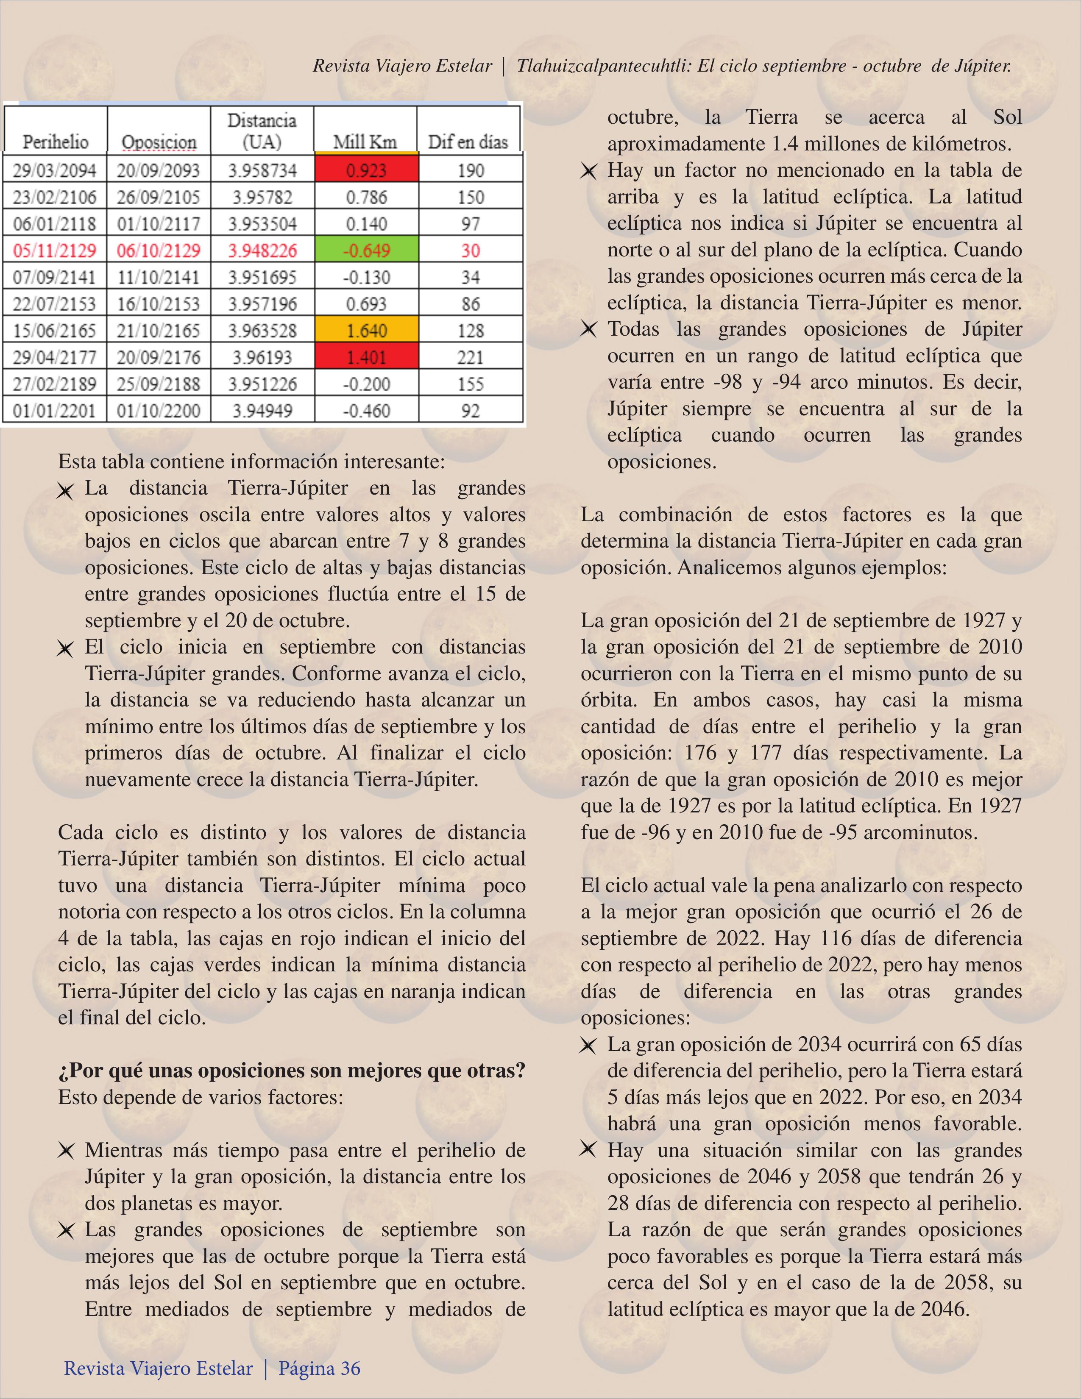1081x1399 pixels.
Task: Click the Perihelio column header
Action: click(x=56, y=142)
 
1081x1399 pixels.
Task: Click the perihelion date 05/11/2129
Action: click(x=54, y=250)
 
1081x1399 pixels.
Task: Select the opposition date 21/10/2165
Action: click(x=158, y=330)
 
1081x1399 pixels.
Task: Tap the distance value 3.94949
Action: click(x=262, y=410)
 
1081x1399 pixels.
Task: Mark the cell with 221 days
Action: click(x=470, y=357)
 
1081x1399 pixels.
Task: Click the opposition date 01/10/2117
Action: click(x=158, y=223)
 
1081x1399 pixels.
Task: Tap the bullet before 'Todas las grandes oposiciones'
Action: click(x=588, y=330)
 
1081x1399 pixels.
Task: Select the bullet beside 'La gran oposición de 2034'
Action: click(x=588, y=1046)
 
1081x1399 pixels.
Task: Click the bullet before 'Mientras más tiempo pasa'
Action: click(x=65, y=1151)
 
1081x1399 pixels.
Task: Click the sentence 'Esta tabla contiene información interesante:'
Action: click(x=251, y=461)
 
